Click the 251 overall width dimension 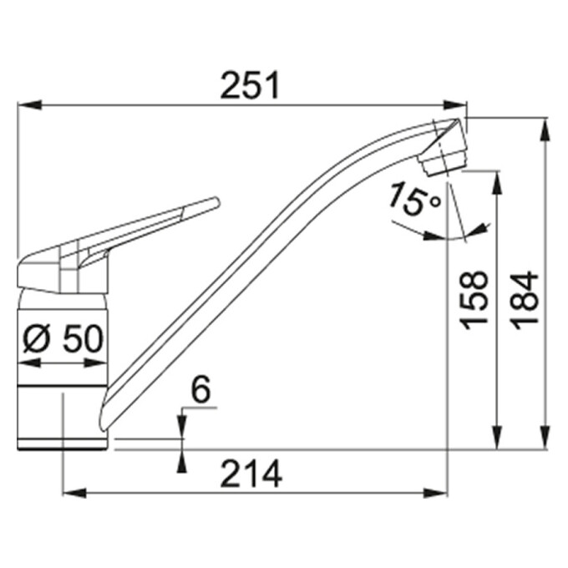[250, 85]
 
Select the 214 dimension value [251, 474]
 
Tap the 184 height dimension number [525, 301]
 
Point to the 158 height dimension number [474, 301]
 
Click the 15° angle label [414, 200]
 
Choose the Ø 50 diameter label [63, 338]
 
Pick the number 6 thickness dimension [200, 389]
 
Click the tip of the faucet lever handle [217, 201]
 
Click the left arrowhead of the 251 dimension [29, 105]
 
